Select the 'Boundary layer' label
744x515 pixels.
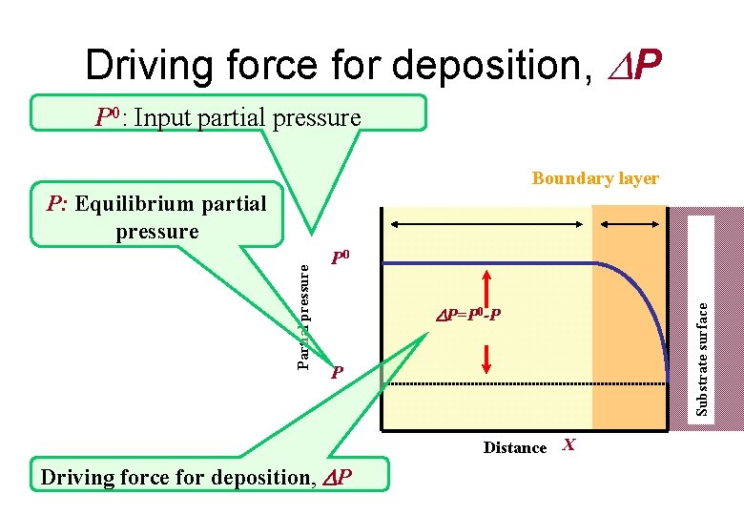click(x=595, y=178)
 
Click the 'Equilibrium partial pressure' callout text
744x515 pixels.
click(x=157, y=217)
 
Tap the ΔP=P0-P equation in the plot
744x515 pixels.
click(x=467, y=313)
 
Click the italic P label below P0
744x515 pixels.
click(x=337, y=372)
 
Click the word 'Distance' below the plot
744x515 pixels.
click(x=515, y=447)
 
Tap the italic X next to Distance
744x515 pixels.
click(x=569, y=445)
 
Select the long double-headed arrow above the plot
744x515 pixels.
click(x=488, y=224)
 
